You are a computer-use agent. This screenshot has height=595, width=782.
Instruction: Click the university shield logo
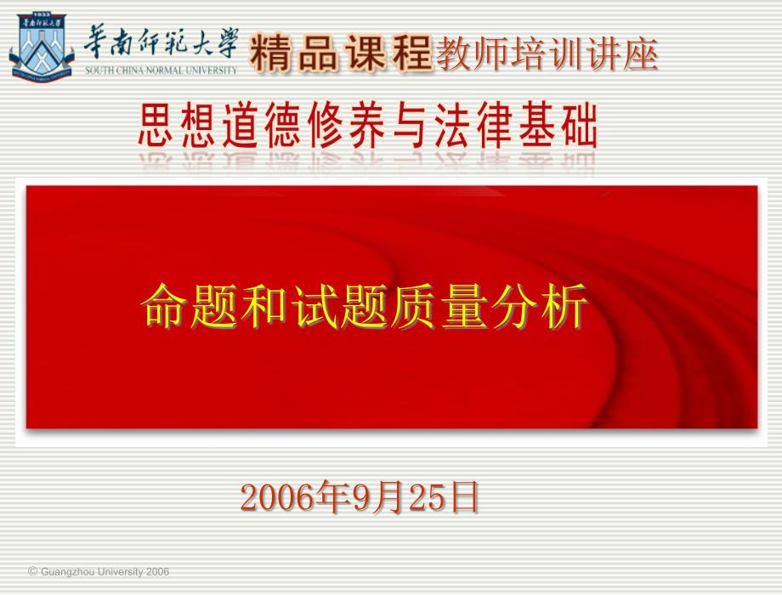[x=42, y=47]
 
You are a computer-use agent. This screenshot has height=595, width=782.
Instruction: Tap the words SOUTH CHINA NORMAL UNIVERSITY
[x=161, y=71]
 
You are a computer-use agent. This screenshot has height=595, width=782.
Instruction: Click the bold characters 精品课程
[x=340, y=53]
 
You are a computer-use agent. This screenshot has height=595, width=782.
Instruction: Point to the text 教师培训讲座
[x=547, y=54]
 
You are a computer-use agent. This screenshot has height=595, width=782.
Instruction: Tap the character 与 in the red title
[x=411, y=125]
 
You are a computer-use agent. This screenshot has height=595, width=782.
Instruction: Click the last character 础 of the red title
[x=580, y=125]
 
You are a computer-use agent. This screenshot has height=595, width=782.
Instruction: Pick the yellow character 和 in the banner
[x=263, y=305]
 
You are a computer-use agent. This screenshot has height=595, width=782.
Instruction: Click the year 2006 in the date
[x=278, y=498]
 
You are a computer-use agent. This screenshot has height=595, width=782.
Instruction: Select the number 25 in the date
[x=427, y=498]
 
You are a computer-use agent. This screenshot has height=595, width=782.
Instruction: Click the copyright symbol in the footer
[x=33, y=571]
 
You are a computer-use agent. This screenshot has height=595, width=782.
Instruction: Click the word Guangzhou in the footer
[x=67, y=572]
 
